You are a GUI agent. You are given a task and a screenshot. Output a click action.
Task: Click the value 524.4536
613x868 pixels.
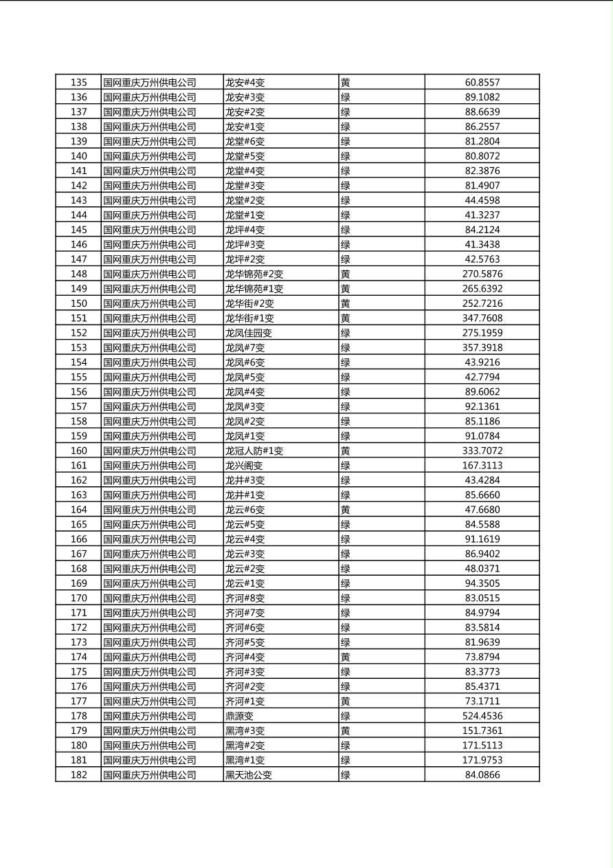[482, 716]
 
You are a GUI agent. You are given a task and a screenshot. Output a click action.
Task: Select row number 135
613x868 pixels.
[79, 83]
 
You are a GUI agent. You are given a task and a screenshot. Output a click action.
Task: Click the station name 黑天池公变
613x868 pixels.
[249, 775]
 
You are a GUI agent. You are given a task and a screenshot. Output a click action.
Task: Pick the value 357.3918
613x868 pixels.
[482, 348]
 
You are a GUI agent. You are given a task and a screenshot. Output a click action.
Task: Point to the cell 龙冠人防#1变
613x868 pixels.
[254, 451]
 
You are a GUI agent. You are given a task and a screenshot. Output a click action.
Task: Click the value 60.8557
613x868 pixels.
[482, 83]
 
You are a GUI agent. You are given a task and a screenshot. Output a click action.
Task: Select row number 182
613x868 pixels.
[79, 775]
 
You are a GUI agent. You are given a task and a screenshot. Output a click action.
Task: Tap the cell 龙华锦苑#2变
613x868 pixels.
[254, 274]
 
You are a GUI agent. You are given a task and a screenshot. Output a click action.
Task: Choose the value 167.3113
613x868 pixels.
[482, 466]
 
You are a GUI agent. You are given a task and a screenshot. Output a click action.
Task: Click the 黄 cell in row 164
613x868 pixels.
[346, 510]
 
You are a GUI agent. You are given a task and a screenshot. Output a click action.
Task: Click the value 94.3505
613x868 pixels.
[482, 583]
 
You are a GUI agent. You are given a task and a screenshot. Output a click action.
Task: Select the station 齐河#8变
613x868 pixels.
[245, 598]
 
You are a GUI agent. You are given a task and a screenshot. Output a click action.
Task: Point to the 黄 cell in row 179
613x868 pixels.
[346, 731]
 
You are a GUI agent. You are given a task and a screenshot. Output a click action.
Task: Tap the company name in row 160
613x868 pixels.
[150, 451]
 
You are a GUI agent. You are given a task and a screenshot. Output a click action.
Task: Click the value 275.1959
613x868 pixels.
[482, 333]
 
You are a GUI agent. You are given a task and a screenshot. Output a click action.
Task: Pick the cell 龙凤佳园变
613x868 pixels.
[249, 333]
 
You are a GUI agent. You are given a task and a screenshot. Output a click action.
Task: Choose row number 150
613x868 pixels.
[79, 303]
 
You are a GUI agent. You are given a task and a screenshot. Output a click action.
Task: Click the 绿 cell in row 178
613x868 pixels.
[346, 716]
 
